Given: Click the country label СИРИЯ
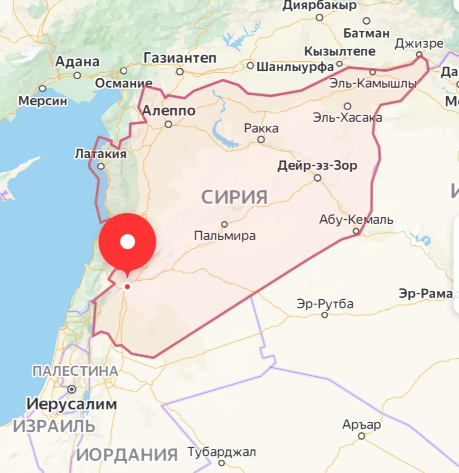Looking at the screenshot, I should click(234, 196).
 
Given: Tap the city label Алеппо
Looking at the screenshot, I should click(169, 111).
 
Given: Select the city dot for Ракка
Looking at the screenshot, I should click(261, 139).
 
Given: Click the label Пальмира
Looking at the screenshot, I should click(225, 235).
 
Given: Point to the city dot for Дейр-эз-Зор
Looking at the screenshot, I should click(318, 178).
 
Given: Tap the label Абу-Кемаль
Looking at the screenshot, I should click(356, 220).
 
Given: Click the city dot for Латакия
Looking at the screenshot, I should click(101, 167).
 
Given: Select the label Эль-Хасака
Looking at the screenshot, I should click(347, 117).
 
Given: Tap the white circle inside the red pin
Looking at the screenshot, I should click(127, 242).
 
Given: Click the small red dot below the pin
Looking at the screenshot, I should click(127, 287).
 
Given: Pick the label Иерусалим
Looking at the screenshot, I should click(71, 404).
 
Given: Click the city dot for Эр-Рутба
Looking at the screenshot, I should click(325, 315).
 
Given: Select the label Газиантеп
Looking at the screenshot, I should click(180, 58).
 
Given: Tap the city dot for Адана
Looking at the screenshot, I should click(77, 75).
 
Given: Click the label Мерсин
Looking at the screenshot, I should click(43, 101).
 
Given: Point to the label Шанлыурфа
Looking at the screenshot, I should click(295, 67).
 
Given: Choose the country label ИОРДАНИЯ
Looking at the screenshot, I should click(127, 454).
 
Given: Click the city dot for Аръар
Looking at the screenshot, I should click(361, 436).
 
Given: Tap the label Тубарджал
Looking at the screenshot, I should click(222, 452).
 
